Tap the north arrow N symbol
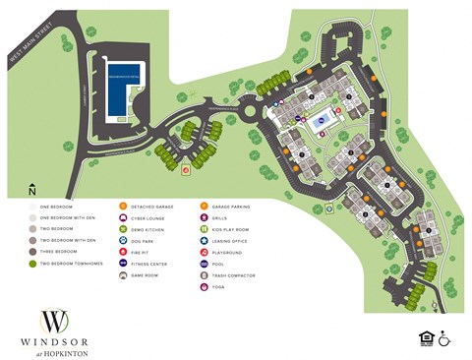tap(32, 189)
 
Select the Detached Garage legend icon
tap(123, 206)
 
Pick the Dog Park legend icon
tap(123, 240)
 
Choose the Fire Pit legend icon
tap(123, 252)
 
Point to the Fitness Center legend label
tap(152, 264)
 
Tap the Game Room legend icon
tap(123, 275)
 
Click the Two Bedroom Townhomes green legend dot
tap(32, 264)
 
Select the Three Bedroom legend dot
tap(32, 252)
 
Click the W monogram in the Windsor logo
tap(55, 321)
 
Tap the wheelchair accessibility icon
tap(444, 337)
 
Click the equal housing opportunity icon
tap(426, 337)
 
